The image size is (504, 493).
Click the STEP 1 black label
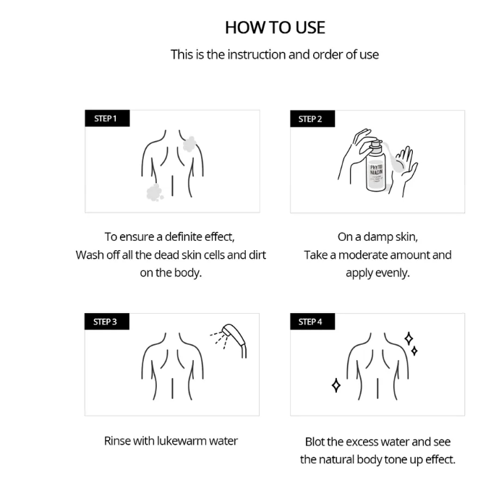point(107,119)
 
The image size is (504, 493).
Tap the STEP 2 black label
point(312,119)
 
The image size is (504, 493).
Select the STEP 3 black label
point(107,322)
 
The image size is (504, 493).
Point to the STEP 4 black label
point(312,322)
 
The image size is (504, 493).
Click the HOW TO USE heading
point(276,27)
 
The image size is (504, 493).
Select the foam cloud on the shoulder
point(189,144)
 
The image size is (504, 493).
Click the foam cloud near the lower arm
point(155,192)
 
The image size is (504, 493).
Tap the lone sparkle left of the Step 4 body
point(336,385)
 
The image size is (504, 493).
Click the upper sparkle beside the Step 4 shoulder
point(409,339)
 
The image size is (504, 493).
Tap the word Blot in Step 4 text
point(315,442)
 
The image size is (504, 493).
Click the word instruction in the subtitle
point(257,55)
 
